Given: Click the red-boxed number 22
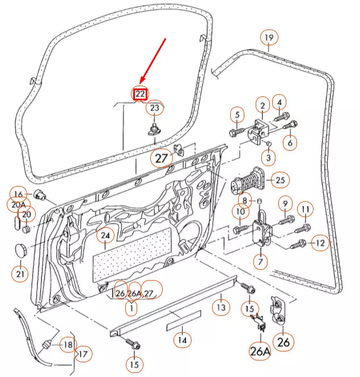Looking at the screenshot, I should click(140, 94).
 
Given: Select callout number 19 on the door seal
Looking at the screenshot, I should click(269, 39).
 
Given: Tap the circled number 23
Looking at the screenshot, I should click(155, 107).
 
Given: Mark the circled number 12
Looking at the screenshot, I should click(320, 243).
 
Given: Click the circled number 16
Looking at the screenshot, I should click(19, 194).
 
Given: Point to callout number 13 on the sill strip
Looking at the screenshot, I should click(221, 307).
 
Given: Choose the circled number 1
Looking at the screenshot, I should click(131, 308).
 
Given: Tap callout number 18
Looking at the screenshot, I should click(67, 345).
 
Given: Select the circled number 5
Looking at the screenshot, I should click(238, 115).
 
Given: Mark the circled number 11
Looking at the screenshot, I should click(305, 210).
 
